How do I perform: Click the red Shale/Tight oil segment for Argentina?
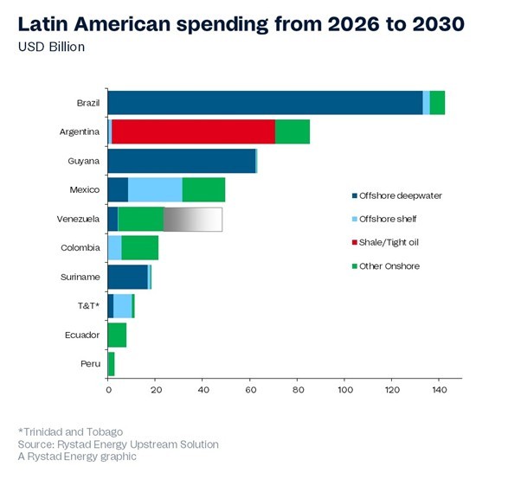click(x=193, y=131)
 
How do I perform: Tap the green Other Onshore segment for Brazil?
click(x=437, y=102)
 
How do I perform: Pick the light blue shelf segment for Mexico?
click(x=155, y=189)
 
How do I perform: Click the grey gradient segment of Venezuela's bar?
click(x=192, y=219)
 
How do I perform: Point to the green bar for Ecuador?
click(x=117, y=335)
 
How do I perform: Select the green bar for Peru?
click(x=111, y=364)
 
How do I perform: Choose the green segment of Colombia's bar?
click(x=139, y=248)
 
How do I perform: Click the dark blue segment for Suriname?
click(x=127, y=277)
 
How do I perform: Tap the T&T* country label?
click(x=89, y=306)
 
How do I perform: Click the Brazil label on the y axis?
click(x=87, y=103)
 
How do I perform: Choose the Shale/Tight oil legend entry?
click(x=391, y=242)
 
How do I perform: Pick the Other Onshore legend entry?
click(x=391, y=266)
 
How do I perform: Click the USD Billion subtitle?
click(x=51, y=46)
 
